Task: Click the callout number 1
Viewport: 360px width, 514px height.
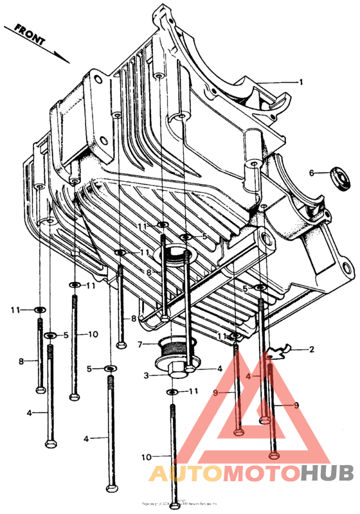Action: [300, 82]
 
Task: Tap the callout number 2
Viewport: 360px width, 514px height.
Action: [311, 350]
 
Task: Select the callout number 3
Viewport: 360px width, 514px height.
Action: [146, 375]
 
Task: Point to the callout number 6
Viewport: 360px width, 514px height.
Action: [311, 173]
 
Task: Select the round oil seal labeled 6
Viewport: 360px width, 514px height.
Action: [339, 177]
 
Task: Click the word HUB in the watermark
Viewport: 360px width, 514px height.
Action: [327, 474]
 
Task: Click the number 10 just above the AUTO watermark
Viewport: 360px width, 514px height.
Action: [146, 457]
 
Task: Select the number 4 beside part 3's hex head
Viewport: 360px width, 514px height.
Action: [219, 369]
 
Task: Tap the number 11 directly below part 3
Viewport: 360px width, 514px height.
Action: [192, 391]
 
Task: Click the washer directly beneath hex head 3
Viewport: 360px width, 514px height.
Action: [172, 391]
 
